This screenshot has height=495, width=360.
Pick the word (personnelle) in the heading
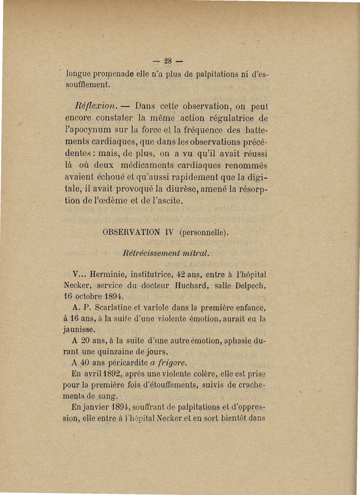click(204, 233)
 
